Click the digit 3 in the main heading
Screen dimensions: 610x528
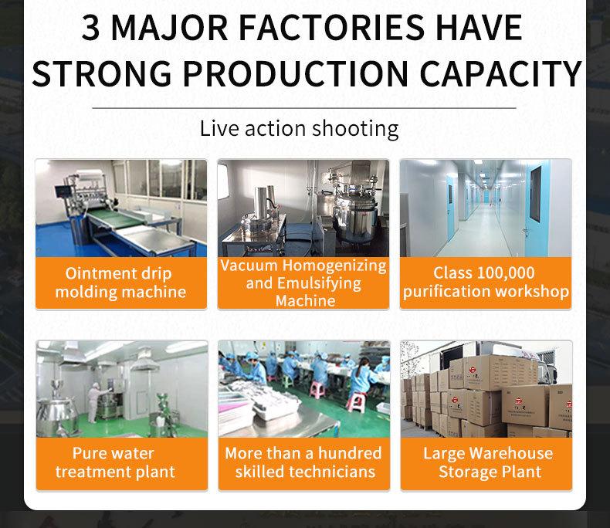coord(90,27)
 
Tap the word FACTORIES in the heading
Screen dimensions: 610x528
coord(330,27)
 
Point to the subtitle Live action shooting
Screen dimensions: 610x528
coord(299,129)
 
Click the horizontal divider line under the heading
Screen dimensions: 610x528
coord(303,108)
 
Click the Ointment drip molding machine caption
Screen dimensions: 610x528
coord(120,283)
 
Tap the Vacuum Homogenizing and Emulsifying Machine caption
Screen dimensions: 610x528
coord(303,283)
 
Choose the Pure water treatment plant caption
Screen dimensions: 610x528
coord(115,462)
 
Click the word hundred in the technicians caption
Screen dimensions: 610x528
coord(350,453)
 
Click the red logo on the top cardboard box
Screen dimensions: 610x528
coord(473,370)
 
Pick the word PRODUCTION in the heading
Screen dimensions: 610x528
coord(296,73)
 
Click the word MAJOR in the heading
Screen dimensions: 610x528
coord(170,27)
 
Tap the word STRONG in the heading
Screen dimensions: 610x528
coord(102,73)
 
